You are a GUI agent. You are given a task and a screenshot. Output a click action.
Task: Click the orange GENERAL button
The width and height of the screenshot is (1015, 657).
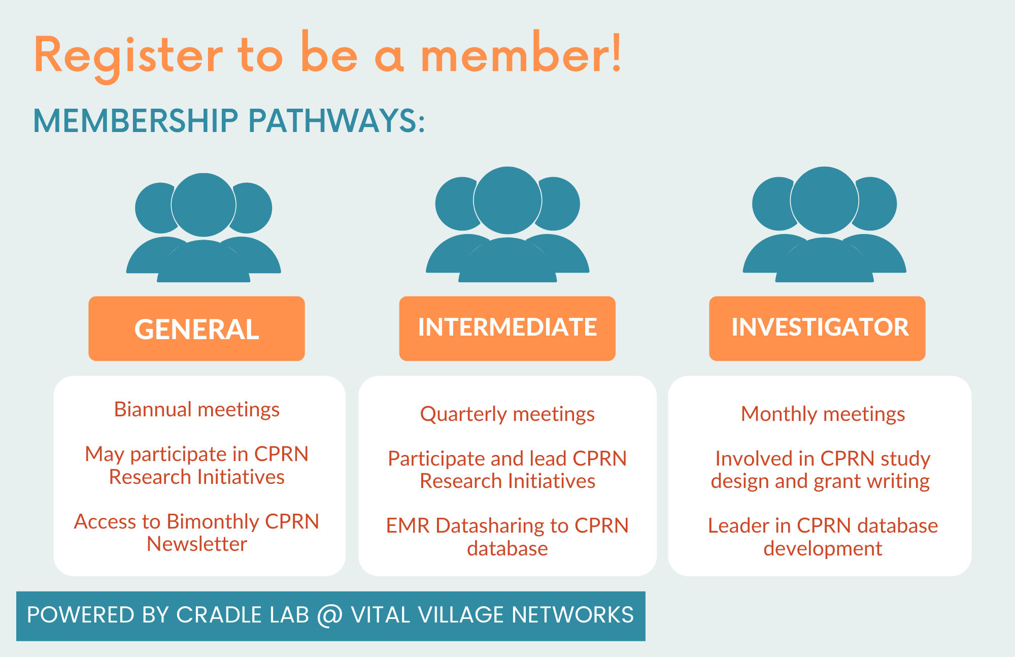pyautogui.click(x=196, y=328)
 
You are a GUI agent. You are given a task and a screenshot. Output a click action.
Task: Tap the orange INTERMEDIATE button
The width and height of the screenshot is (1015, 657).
pyautogui.click(x=507, y=328)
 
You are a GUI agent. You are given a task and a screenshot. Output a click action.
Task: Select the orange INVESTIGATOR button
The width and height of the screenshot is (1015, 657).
pyautogui.click(x=817, y=328)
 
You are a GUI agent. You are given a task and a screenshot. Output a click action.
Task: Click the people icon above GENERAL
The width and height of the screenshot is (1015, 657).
pyautogui.click(x=203, y=227)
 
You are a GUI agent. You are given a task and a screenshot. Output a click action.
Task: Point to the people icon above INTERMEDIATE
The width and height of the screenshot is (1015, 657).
pyautogui.click(x=507, y=224)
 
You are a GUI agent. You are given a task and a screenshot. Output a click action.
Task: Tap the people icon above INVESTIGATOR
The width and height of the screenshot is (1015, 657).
pyautogui.click(x=824, y=224)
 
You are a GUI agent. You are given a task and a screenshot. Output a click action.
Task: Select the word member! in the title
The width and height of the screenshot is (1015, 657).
pyautogui.click(x=521, y=53)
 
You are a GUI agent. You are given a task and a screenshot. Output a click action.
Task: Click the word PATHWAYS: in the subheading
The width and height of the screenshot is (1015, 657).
pyautogui.click(x=336, y=121)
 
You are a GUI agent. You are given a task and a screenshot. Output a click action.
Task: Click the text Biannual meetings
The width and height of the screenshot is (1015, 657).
pyautogui.click(x=197, y=410)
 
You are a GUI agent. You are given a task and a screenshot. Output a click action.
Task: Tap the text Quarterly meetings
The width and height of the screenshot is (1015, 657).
pyautogui.click(x=507, y=414)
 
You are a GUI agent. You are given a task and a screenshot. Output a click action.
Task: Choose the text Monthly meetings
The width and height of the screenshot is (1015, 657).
pyautogui.click(x=823, y=414)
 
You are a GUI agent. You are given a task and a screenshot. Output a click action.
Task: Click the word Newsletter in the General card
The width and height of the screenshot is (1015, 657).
pyautogui.click(x=197, y=544)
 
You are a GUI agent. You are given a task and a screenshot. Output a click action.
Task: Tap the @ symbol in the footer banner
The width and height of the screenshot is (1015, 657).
pyautogui.click(x=330, y=615)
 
